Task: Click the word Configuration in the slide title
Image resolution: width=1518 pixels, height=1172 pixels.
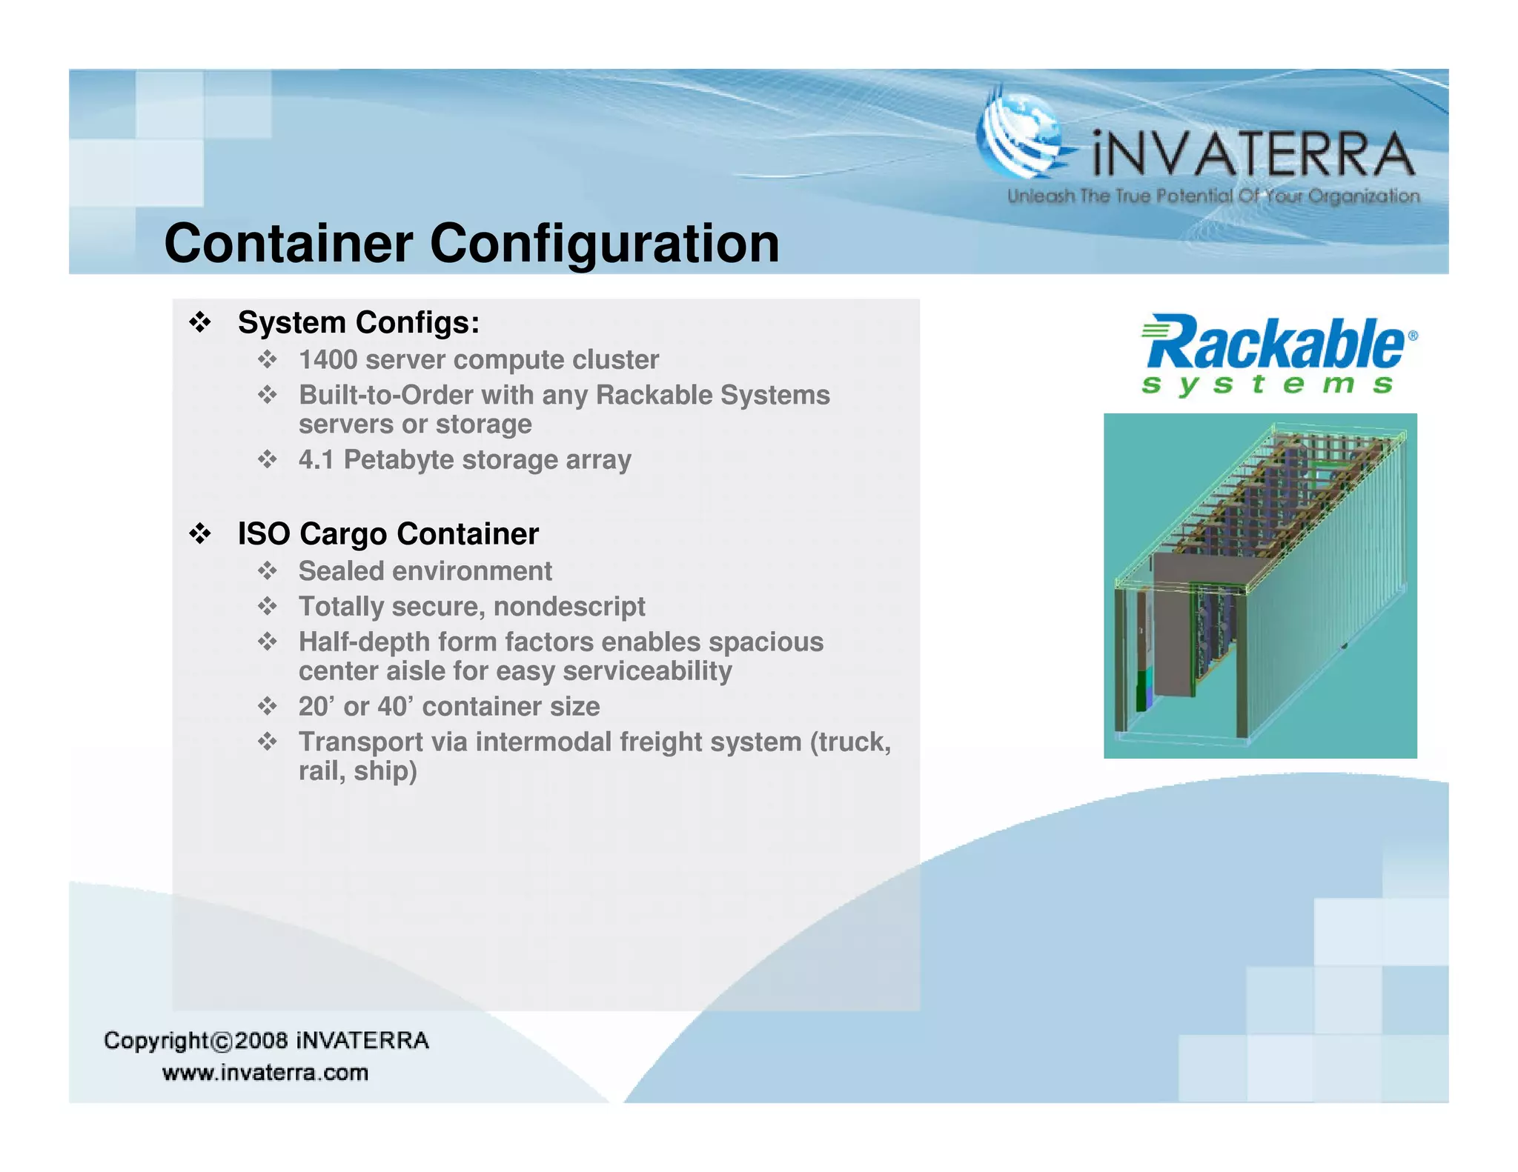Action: [604, 244]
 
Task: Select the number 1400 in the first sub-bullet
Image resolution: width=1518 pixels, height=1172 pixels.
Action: [328, 360]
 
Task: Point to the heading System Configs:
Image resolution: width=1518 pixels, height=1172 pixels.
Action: [358, 323]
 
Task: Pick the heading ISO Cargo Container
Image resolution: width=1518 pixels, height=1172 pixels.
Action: [388, 534]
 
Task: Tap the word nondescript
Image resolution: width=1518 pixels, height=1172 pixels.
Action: [569, 607]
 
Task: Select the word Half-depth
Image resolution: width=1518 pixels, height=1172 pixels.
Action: [361, 642]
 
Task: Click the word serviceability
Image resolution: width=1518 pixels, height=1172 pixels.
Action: [647, 671]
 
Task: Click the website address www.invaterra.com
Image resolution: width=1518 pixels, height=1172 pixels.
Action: [265, 1073]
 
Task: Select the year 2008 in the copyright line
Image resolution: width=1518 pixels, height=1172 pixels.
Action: [261, 1041]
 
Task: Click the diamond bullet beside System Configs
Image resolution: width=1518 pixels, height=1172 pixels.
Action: [200, 322]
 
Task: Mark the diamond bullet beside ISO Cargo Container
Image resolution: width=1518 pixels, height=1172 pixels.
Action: [200, 533]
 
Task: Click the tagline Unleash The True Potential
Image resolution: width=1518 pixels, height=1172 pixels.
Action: [1213, 196]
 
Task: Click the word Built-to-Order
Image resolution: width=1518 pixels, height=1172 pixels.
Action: [385, 396]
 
